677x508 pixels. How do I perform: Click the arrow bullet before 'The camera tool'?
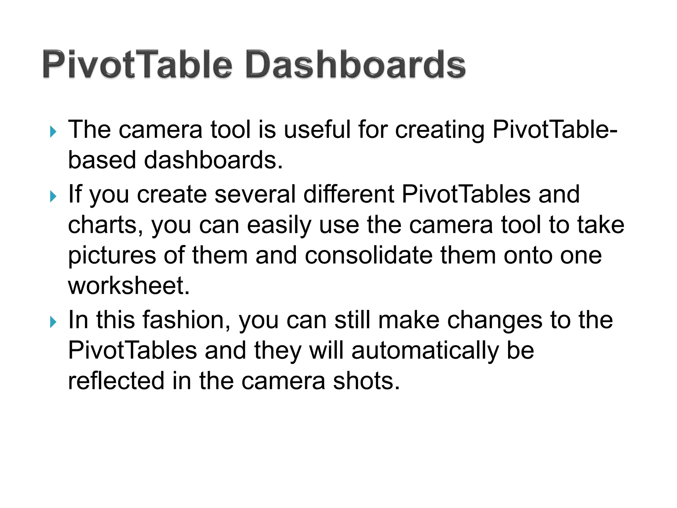[x=53, y=132]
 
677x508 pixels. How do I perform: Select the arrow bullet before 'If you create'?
[x=53, y=196]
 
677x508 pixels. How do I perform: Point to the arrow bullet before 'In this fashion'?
[x=53, y=322]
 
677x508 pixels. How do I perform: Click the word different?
[x=348, y=194]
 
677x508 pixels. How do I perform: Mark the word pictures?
[x=112, y=256]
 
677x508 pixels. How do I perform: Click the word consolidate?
[x=369, y=256]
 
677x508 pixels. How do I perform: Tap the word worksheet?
[x=129, y=285]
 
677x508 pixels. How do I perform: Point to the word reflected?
[x=116, y=381]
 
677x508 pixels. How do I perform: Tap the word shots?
[x=366, y=381]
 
